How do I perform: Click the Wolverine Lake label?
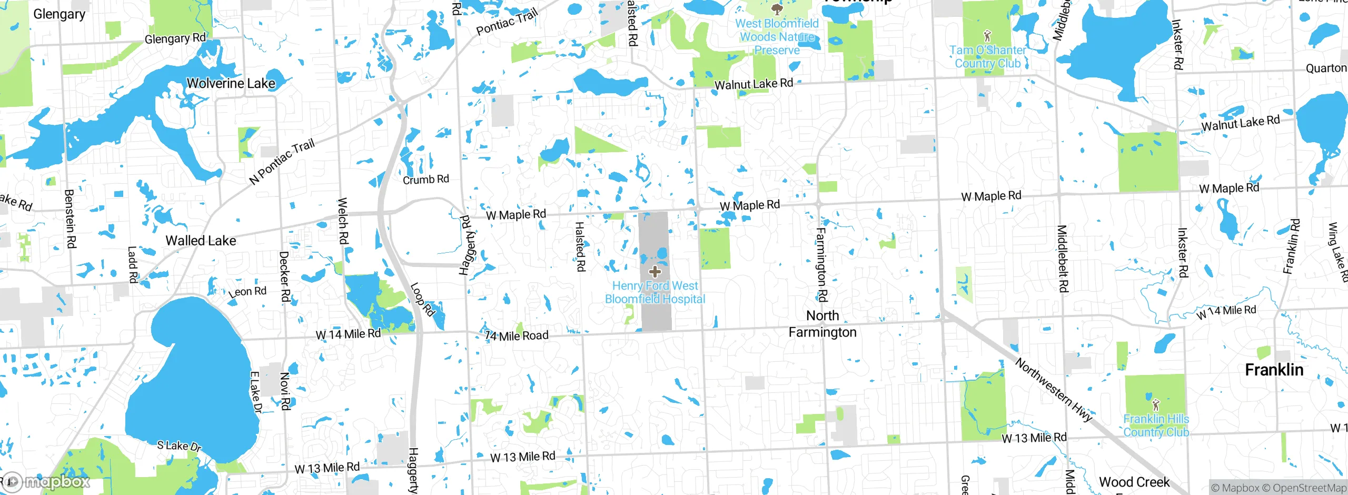[x=231, y=83]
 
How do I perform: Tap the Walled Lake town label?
[x=201, y=241]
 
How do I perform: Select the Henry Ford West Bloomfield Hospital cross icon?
[x=655, y=272]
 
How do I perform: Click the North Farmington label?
[x=822, y=324]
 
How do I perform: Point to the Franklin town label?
[x=1274, y=370]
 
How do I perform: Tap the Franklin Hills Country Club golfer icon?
[x=1156, y=405]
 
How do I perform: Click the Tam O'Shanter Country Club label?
[x=988, y=57]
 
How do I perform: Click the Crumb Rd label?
[x=425, y=180]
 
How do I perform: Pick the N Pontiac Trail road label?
[x=282, y=162]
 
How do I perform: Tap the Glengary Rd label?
[x=175, y=38]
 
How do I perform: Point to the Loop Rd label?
[x=422, y=300]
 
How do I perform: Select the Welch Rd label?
[x=342, y=221]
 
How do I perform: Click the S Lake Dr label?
[x=179, y=446]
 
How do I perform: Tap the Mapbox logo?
[x=46, y=481]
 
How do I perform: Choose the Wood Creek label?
[x=1134, y=482]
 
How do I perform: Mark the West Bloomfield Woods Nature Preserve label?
[x=777, y=37]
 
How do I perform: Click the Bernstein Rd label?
[x=70, y=219]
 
